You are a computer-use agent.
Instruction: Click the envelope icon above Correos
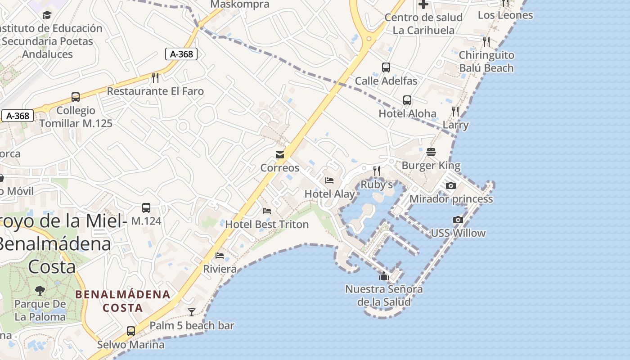pyautogui.click(x=280, y=155)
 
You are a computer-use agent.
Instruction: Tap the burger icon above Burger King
pyautogui.click(x=431, y=152)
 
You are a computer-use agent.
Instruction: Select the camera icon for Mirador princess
pyautogui.click(x=450, y=185)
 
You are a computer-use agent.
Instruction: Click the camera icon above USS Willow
pyautogui.click(x=458, y=220)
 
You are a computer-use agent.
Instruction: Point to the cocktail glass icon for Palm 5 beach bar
pyautogui.click(x=192, y=312)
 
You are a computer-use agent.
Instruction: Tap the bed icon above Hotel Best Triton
pyautogui.click(x=267, y=211)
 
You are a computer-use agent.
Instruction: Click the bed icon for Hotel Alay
pyautogui.click(x=329, y=180)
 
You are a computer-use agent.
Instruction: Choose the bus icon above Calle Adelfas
pyautogui.click(x=386, y=67)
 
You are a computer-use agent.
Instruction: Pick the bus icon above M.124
pyautogui.click(x=146, y=208)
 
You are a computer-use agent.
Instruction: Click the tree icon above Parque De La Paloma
pyautogui.click(x=40, y=290)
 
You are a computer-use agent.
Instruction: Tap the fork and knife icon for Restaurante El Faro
pyautogui.click(x=155, y=78)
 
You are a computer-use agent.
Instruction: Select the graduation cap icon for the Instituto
pyautogui.click(x=47, y=15)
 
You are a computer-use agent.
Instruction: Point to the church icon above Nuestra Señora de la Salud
pyautogui.click(x=383, y=276)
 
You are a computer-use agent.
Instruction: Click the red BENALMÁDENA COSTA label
pyautogui.click(x=123, y=301)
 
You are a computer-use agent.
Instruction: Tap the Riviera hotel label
pyautogui.click(x=220, y=269)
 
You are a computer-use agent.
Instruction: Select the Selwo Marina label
pyautogui.click(x=131, y=345)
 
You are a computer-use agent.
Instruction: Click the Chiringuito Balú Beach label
pyautogui.click(x=486, y=62)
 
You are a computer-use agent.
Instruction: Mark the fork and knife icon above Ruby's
pyautogui.click(x=377, y=171)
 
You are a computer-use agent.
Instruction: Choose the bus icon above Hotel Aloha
pyautogui.click(x=407, y=100)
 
